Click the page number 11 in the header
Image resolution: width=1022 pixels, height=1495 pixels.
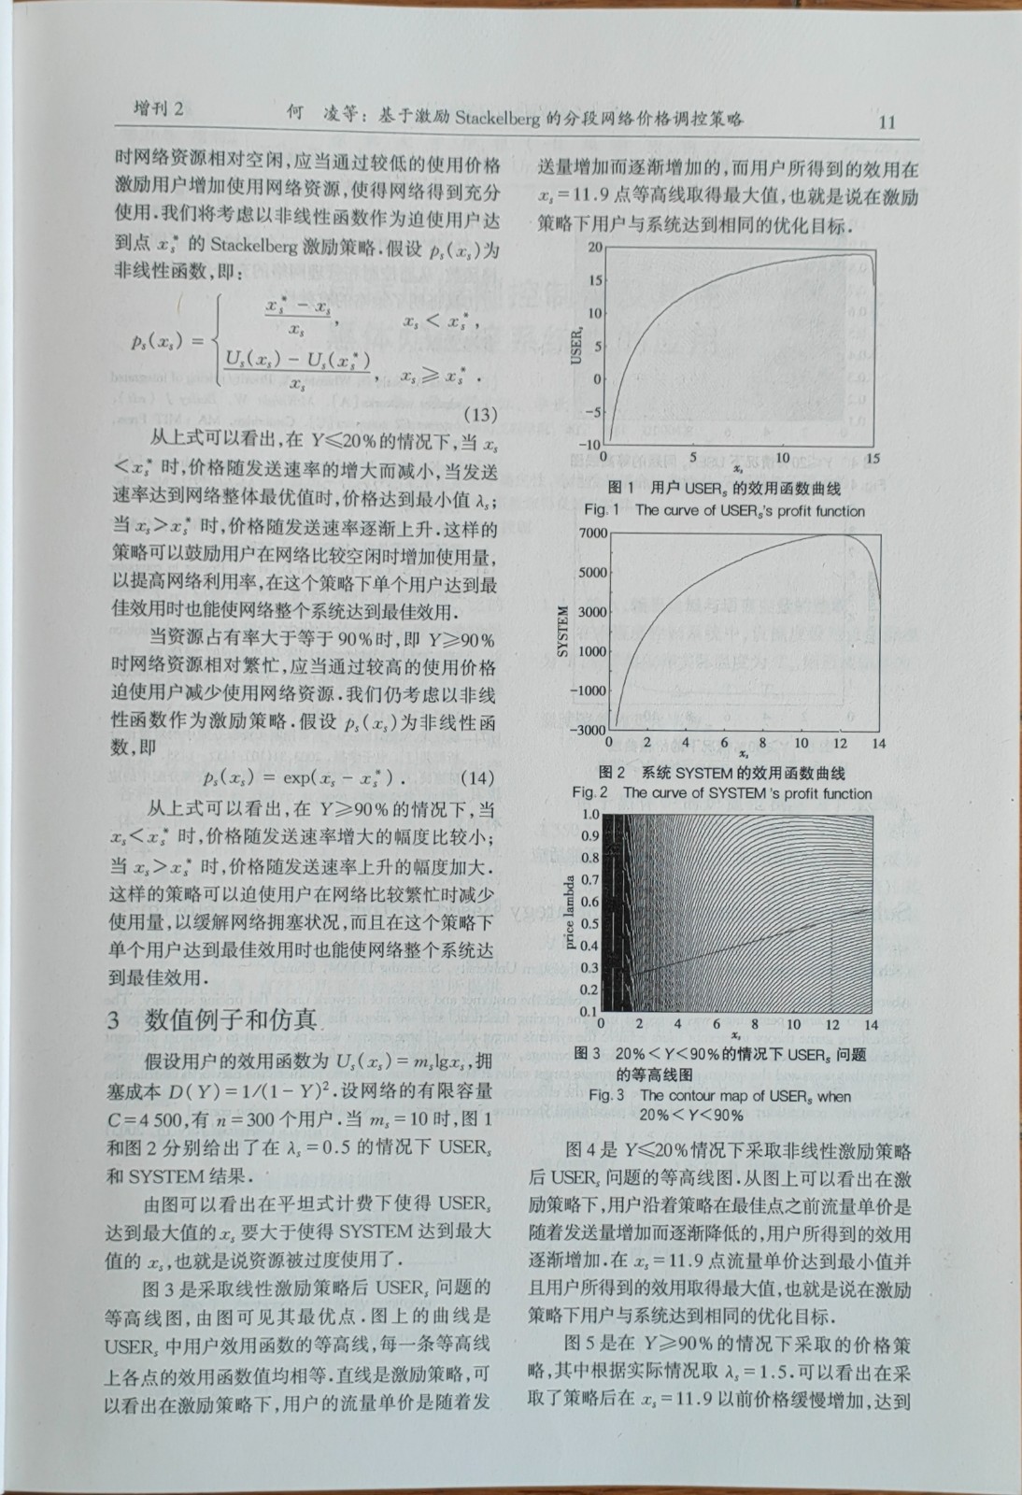click(887, 122)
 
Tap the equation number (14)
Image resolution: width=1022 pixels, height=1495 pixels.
click(477, 777)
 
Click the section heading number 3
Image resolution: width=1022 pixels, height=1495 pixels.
click(113, 1019)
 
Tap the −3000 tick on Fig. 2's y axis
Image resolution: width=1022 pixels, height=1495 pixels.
click(589, 730)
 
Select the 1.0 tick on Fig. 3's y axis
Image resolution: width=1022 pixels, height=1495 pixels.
click(590, 815)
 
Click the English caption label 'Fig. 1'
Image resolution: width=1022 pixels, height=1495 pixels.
click(602, 510)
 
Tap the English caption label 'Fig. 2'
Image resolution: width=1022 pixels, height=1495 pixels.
click(590, 792)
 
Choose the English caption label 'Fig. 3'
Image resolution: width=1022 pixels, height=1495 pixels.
click(606, 1095)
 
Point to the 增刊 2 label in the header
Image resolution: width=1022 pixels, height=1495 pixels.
click(159, 109)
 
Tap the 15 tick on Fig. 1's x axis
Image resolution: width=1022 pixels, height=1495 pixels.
click(873, 459)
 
